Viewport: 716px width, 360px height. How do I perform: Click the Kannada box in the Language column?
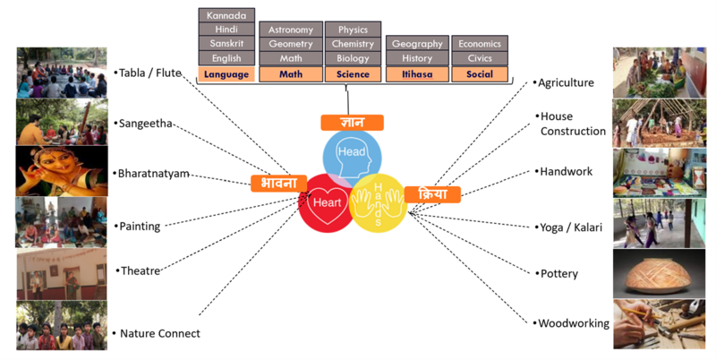pos(227,15)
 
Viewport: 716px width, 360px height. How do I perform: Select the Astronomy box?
pos(290,30)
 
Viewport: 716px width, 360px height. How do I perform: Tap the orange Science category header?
pos(353,74)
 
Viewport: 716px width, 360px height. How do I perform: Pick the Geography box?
pos(417,44)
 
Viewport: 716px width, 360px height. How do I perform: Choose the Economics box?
pos(479,44)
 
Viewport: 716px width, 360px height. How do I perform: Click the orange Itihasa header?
pos(417,74)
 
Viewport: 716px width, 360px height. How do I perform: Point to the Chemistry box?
pos(353,44)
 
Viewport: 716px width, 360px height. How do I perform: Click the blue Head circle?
pos(352,151)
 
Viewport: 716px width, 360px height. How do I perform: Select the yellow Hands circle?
pos(379,202)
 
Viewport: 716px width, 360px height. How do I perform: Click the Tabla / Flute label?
pos(150,73)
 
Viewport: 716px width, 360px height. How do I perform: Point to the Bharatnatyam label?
pos(154,173)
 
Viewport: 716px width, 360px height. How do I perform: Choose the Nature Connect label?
pos(159,333)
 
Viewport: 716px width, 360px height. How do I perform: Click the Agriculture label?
pos(566,82)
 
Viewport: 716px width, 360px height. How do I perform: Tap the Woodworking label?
pos(573,323)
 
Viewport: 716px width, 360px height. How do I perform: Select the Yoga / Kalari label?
pos(570,227)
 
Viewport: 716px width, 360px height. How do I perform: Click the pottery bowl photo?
pos(658,272)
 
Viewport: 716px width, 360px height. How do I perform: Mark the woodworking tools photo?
pos(658,324)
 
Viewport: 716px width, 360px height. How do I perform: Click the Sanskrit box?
pos(227,44)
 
